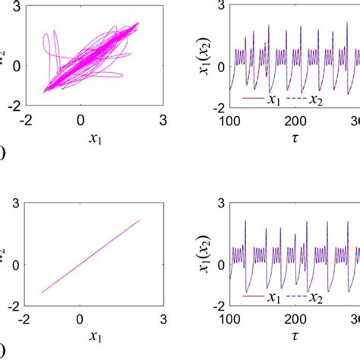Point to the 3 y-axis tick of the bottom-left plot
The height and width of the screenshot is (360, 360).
(x=16, y=204)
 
